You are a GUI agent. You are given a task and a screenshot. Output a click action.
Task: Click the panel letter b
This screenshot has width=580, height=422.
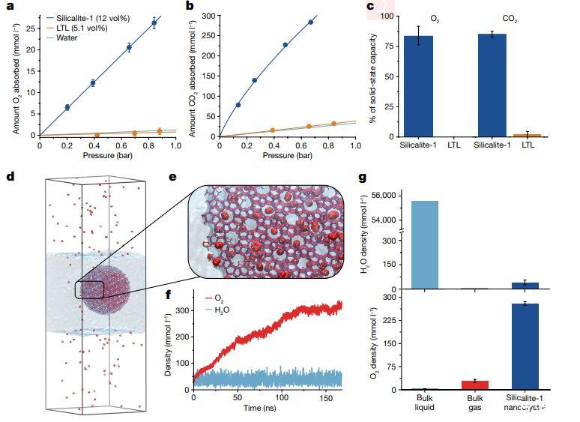click(190, 6)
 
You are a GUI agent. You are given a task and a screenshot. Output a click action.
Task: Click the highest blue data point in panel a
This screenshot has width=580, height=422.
click(154, 22)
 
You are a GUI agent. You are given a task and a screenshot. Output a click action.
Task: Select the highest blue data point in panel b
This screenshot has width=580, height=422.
click(310, 22)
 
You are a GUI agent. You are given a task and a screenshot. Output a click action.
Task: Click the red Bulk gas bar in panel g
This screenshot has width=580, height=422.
click(475, 385)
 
